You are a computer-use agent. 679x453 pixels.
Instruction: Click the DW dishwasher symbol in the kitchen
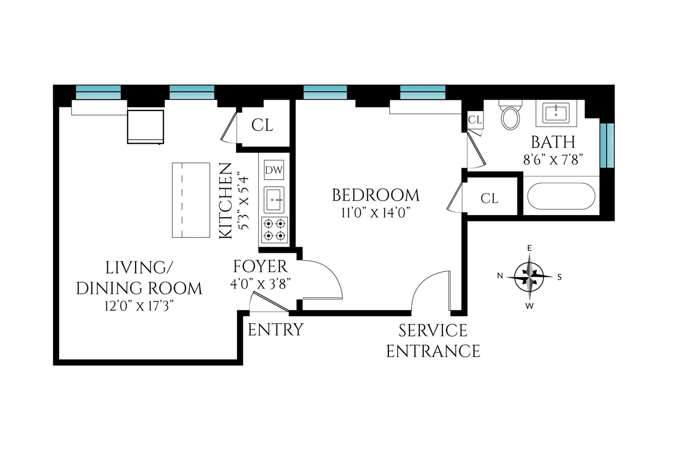(x=274, y=170)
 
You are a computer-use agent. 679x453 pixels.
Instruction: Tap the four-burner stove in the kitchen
(x=274, y=230)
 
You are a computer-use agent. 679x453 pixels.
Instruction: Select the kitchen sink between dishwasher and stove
(x=274, y=200)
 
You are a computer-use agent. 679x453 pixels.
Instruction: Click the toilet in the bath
(x=510, y=116)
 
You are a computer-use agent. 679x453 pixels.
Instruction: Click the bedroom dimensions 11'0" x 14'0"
(x=375, y=213)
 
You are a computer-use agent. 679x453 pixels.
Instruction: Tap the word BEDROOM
(x=375, y=196)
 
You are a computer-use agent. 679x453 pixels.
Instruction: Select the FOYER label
(x=260, y=267)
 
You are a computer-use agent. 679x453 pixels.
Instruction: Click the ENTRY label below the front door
(x=275, y=330)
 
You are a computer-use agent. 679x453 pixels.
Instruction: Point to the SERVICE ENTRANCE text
(x=433, y=341)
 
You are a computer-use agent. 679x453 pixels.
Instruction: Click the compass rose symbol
(x=529, y=277)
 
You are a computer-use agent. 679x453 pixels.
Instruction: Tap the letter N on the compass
(x=500, y=276)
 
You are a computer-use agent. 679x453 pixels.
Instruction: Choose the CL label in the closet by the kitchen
(x=262, y=125)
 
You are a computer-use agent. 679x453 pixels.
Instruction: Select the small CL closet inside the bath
(x=475, y=120)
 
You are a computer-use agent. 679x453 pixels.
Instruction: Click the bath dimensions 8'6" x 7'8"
(x=553, y=160)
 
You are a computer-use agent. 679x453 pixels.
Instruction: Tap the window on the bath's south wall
(x=607, y=145)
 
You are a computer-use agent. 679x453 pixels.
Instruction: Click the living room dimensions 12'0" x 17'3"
(x=139, y=306)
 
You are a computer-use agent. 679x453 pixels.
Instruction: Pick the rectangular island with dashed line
(x=191, y=200)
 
